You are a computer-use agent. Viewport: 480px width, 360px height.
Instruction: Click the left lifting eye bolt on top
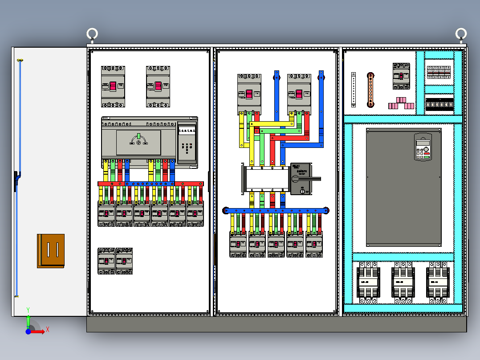tap(92, 34)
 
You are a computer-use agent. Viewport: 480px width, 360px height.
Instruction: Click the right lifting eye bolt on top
tap(461, 33)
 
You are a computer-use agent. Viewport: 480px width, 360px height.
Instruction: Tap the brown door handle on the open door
tap(51, 251)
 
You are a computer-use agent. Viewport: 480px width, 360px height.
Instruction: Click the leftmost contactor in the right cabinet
tap(369, 282)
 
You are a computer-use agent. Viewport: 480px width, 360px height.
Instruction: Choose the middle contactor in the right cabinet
tap(403, 282)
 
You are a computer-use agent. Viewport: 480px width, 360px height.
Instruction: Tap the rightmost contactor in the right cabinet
tap(438, 282)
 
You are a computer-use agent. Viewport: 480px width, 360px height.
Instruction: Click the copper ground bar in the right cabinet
tap(370, 90)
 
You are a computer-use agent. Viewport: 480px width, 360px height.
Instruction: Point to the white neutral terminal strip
tap(354, 90)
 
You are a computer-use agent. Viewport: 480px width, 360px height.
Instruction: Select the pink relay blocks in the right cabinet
tap(401, 104)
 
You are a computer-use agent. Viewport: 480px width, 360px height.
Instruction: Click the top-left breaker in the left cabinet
tap(113, 86)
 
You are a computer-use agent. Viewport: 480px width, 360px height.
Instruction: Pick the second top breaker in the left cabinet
tap(158, 86)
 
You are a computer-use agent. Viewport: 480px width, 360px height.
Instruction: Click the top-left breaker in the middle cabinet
tap(249, 94)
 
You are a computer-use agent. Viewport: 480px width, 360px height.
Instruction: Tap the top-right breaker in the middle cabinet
tap(299, 94)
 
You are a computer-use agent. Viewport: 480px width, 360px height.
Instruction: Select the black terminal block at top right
tap(439, 105)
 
